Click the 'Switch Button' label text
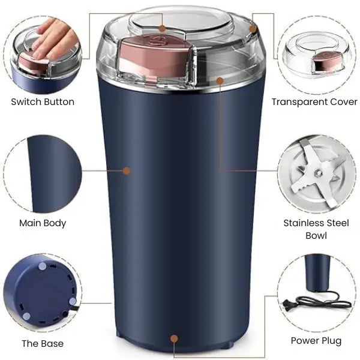pos(43,101)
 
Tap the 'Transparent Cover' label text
pos(314,101)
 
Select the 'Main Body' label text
pos(43,223)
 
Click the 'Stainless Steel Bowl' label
pos(316,229)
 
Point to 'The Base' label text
pos(43,344)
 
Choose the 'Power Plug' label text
pos(316,340)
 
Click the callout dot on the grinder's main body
pos(127,171)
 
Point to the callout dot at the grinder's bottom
pos(175,339)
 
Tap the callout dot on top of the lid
pos(162,28)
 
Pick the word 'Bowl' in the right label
pos(316,235)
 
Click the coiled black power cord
pos(324,300)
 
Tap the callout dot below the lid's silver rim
pos(220,79)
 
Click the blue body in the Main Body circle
pos(51,174)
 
